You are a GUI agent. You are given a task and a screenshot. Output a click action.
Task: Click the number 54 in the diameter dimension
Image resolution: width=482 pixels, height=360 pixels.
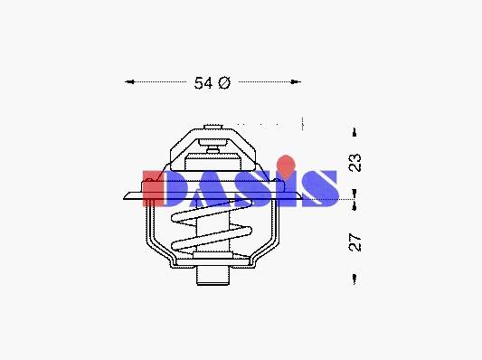pos(203,83)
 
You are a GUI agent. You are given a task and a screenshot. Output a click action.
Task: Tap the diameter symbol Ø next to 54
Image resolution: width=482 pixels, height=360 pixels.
pos(224,83)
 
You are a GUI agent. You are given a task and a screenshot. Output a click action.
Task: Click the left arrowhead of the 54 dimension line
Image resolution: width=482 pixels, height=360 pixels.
pos(129,81)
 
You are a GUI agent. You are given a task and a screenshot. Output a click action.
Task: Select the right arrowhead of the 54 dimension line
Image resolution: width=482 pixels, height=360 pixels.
pos(296,81)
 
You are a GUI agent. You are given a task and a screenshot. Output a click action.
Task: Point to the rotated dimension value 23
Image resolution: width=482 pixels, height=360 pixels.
pos(355,162)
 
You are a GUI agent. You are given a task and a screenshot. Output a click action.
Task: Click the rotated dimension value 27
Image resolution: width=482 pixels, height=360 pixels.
pos(355,242)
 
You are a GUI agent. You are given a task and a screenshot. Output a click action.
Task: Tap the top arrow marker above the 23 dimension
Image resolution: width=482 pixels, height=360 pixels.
pos(354,132)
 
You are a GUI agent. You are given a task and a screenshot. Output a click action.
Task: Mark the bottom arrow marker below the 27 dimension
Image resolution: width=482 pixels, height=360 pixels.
pos(354,279)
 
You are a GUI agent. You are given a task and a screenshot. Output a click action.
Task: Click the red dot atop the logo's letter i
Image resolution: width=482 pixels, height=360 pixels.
pos(286,166)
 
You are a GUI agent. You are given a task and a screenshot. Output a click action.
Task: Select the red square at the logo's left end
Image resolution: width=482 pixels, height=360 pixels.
pos(154,189)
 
